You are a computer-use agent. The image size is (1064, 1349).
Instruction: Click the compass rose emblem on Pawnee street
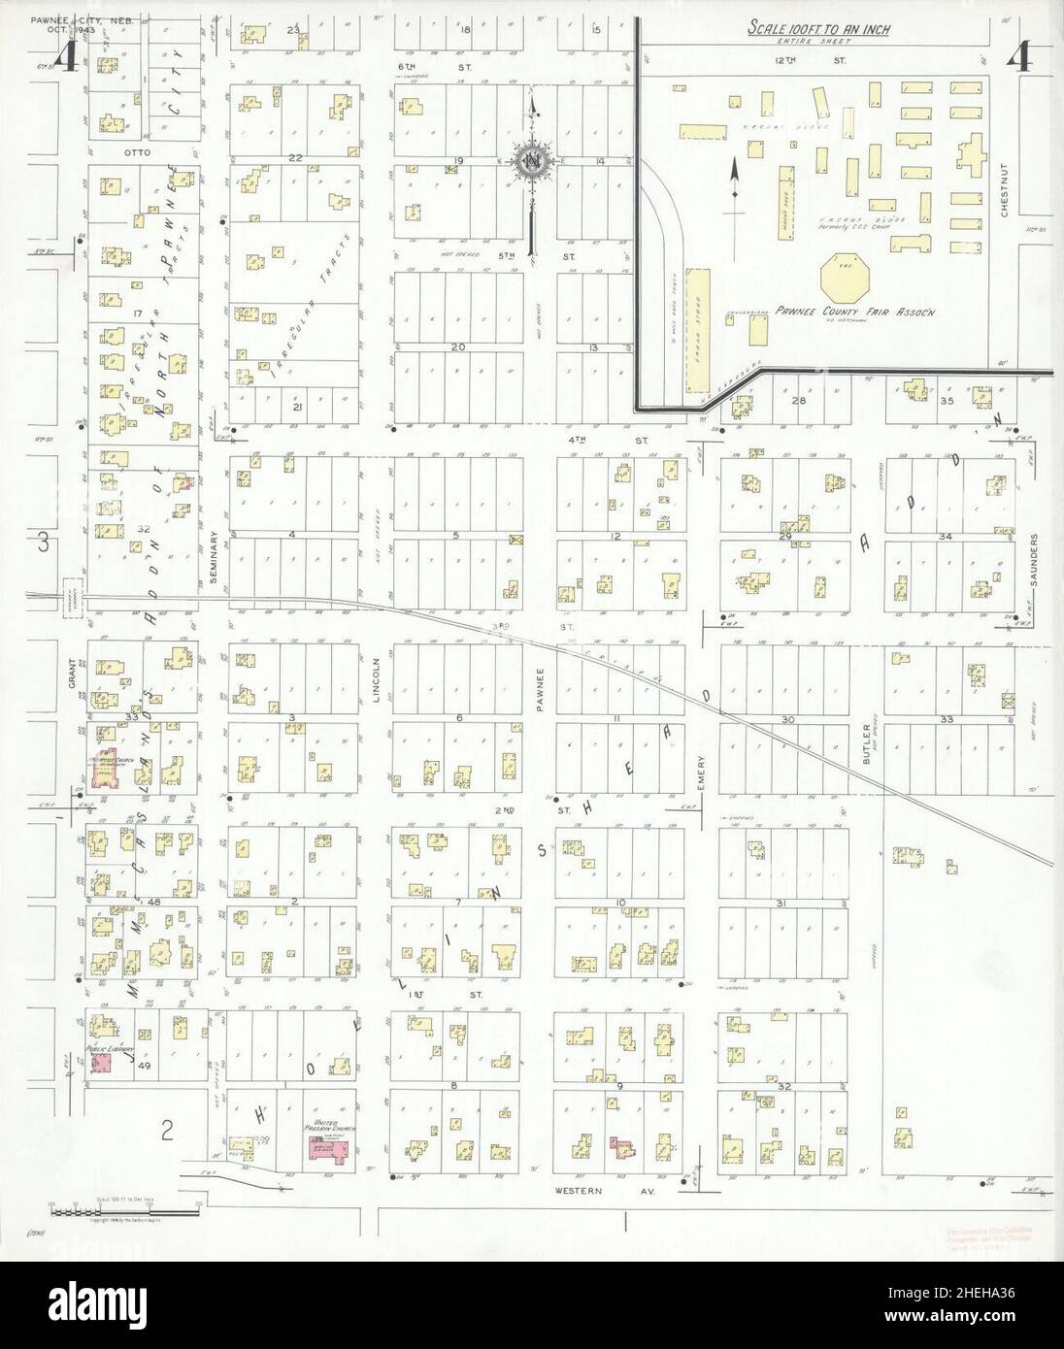coord(533,162)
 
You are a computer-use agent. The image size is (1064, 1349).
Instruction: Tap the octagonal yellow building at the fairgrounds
coord(846,279)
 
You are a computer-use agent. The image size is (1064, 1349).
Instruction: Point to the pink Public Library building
coord(101,1063)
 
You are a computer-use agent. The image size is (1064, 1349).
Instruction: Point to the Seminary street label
coord(216,557)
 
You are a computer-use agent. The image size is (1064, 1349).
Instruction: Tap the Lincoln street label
coord(379,668)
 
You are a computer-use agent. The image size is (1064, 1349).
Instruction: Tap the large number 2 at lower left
coord(167,1129)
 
